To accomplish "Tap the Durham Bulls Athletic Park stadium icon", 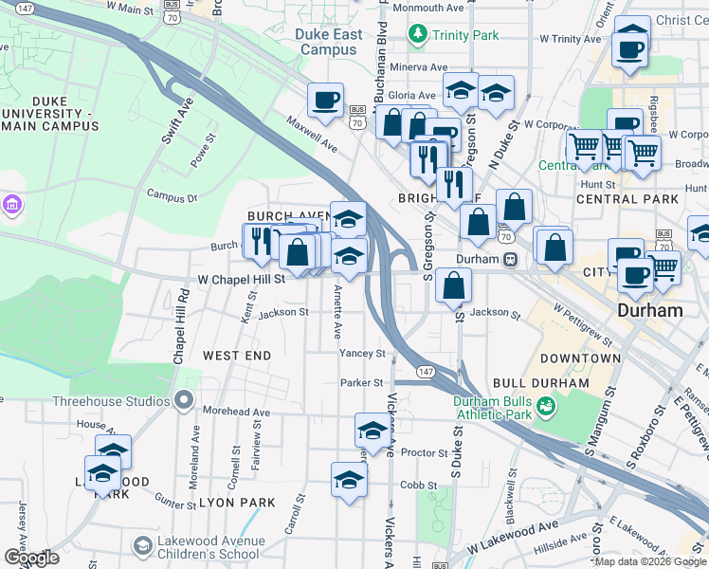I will click(545, 407).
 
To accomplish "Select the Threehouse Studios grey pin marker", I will click(184, 401).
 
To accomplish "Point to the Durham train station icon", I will click(510, 259).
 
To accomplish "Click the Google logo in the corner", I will click(31, 558).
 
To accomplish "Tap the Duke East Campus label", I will click(329, 42).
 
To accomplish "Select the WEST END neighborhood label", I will click(237, 356).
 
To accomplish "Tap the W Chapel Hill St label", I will click(241, 280).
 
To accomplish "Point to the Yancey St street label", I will click(362, 354).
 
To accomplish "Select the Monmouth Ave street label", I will click(428, 8).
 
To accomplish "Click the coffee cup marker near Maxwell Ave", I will click(325, 101).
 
